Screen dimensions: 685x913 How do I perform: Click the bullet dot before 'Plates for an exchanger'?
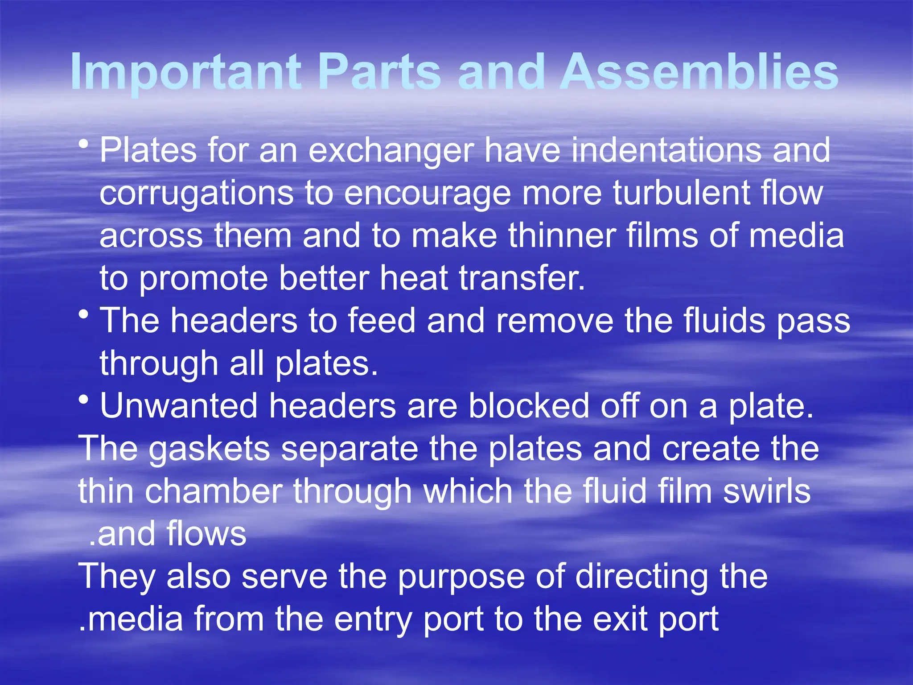pyautogui.click(x=83, y=144)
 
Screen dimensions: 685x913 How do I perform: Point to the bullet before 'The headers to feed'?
pyautogui.click(x=83, y=315)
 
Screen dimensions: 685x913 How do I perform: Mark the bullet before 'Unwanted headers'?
pyautogui.click(x=83, y=400)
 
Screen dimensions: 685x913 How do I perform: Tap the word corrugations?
pyautogui.click(x=196, y=194)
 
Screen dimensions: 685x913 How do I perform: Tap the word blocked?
pyautogui.click(x=529, y=406)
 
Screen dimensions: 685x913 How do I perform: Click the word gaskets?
pyautogui.click(x=209, y=450)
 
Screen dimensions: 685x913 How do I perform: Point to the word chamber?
pyautogui.click(x=214, y=491)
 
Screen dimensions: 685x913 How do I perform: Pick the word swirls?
pyautogui.click(x=767, y=491)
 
